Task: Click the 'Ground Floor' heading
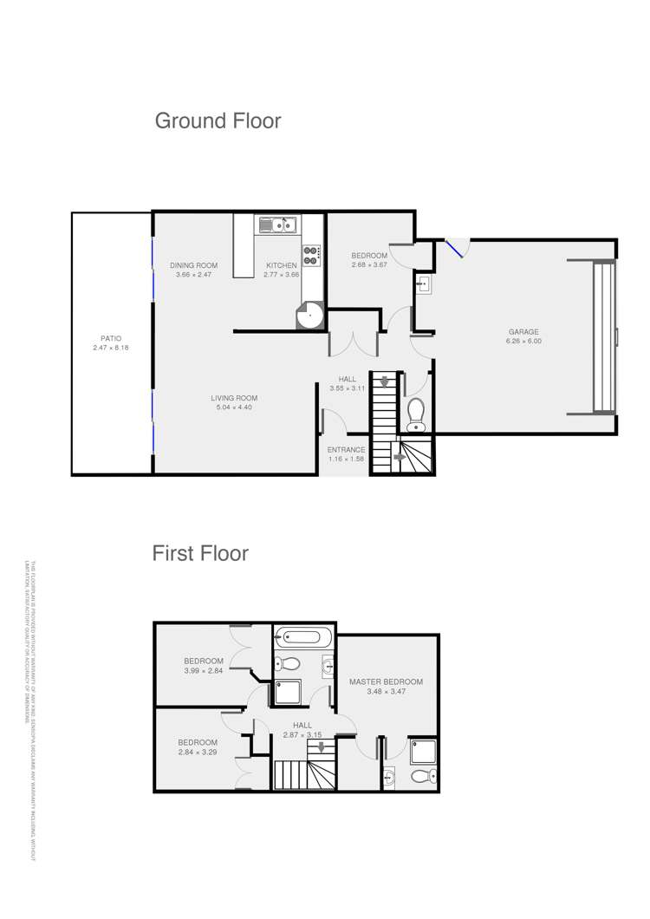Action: [x=218, y=121]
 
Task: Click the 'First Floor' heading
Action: [x=200, y=552]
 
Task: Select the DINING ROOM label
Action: [x=193, y=265]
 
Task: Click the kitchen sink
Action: [x=277, y=226]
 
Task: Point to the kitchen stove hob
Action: [x=312, y=254]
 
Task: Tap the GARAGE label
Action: [x=523, y=331]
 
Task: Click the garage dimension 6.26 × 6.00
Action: [x=523, y=341]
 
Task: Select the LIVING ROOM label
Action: [x=234, y=399]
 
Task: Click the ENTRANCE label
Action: [x=346, y=449]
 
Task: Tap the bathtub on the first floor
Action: [x=303, y=638]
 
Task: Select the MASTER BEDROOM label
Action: [x=386, y=681]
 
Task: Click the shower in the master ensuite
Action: [x=424, y=752]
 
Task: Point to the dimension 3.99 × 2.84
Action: [x=204, y=670]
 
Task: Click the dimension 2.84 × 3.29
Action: [x=198, y=752]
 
